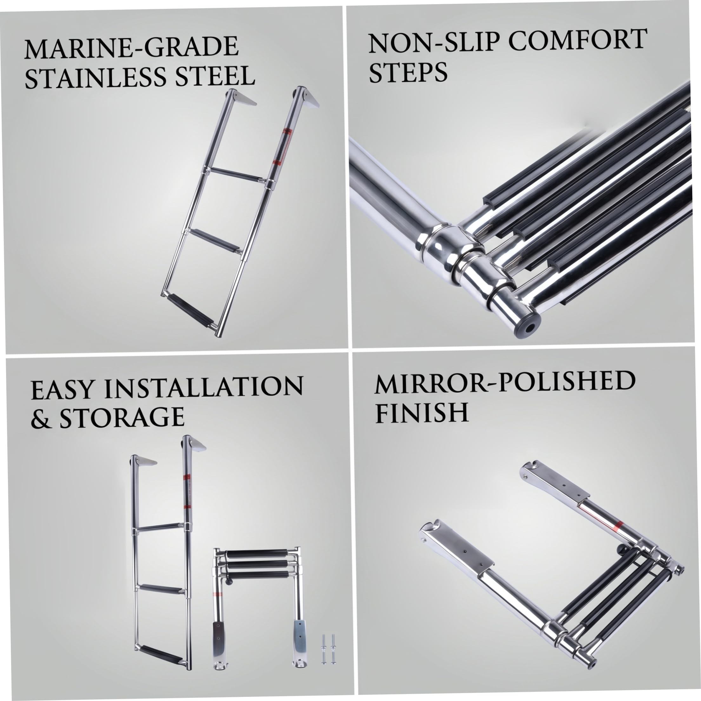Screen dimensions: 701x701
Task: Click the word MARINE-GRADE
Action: [x=132, y=47]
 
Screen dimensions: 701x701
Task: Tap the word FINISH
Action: [x=422, y=413]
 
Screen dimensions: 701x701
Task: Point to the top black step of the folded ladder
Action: [x=257, y=555]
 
